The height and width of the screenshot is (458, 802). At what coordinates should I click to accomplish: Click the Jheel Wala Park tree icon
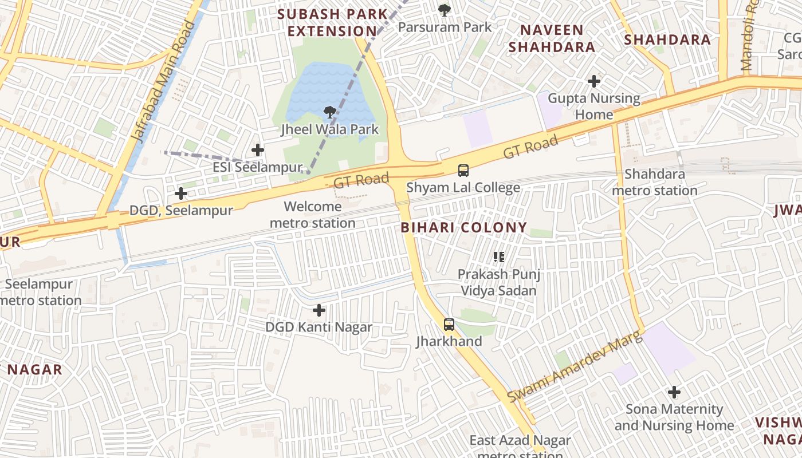point(329,112)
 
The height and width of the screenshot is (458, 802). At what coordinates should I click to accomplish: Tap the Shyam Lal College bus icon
point(463,170)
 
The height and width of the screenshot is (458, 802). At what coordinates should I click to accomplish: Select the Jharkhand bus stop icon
point(449,325)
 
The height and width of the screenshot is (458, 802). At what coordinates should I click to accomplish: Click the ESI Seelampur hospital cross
point(258,150)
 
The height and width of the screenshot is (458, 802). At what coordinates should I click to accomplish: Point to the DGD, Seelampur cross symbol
point(181,194)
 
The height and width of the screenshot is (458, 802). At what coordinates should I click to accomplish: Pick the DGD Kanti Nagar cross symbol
point(319,310)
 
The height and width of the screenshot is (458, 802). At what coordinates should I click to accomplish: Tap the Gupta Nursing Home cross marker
point(594,81)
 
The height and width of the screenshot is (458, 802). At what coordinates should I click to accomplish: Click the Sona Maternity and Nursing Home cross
point(674,392)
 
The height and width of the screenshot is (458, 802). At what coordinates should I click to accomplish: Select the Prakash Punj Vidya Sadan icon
point(498,257)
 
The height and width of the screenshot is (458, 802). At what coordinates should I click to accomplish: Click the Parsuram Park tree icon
point(444,10)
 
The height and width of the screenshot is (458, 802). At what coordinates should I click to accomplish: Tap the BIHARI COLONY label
point(463,227)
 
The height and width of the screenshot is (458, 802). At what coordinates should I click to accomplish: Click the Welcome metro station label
point(313,215)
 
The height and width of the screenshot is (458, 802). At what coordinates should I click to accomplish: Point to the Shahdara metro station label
point(655,182)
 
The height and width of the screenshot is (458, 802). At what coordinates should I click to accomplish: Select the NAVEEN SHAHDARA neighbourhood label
point(552,38)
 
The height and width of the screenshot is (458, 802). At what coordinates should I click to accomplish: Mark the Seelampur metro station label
point(40,292)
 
